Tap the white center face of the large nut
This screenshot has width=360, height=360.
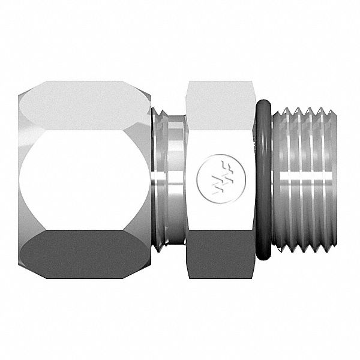click(84, 179)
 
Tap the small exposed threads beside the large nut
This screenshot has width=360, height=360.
click(158, 180)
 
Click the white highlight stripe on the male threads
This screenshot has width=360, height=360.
click(306, 178)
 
